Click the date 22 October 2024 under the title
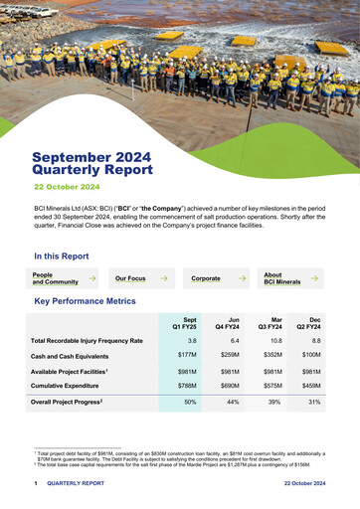(x=67, y=187)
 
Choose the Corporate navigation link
(x=206, y=279)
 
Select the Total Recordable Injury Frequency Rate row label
(x=88, y=341)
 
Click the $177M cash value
(x=187, y=355)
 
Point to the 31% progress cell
(x=314, y=402)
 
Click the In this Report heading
(x=61, y=255)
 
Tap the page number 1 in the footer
(x=36, y=483)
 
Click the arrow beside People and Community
(x=91, y=279)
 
